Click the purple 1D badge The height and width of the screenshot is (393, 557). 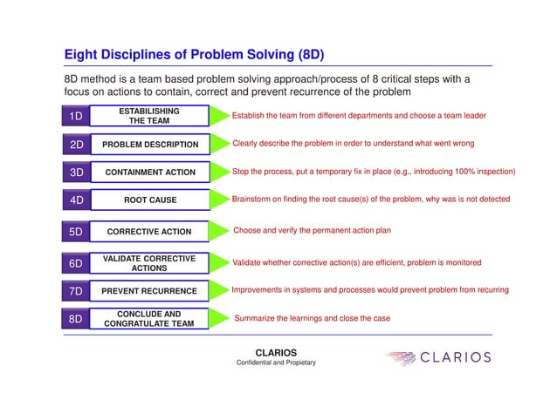tap(77, 116)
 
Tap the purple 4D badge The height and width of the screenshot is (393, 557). tap(77, 200)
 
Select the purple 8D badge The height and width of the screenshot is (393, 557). tap(77, 319)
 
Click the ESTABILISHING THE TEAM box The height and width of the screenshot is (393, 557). tap(149, 116)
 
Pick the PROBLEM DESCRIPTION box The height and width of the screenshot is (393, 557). tap(149, 144)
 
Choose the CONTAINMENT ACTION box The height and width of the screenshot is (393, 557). tap(149, 173)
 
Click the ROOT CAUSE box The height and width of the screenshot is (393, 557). tap(149, 200)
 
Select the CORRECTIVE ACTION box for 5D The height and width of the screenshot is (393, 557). tap(149, 233)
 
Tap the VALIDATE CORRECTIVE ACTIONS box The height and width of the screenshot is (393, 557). tap(149, 263)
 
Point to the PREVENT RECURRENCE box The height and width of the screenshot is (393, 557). tap(149, 289)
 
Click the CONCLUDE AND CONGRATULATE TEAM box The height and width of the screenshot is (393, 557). tap(149, 319)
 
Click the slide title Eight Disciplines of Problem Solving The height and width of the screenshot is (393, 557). tap(194, 55)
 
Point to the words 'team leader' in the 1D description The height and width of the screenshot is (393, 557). tap(462, 115)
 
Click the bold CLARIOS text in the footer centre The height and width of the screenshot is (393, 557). tap(276, 353)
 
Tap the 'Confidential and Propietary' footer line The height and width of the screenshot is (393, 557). tap(276, 363)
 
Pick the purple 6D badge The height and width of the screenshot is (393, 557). tap(77, 263)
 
